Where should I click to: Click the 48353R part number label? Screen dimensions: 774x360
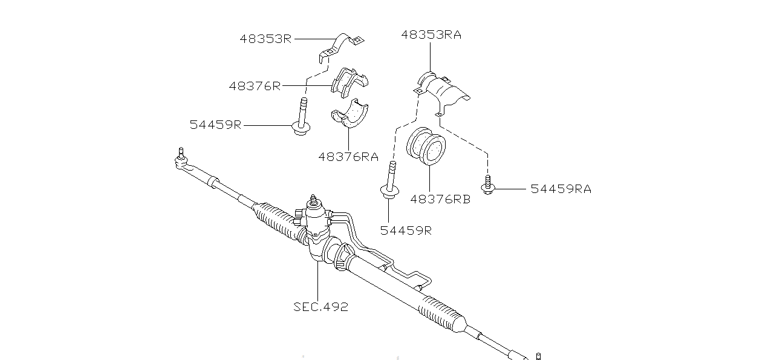coord(265,39)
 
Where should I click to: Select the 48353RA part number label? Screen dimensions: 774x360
coord(431,34)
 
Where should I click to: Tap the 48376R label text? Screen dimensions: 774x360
coord(255,86)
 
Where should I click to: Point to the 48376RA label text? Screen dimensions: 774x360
coord(348,157)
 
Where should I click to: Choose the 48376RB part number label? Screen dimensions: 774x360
coord(440,199)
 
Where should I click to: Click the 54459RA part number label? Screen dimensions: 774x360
coord(561,189)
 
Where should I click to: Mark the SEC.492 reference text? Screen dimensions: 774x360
coord(320,307)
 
